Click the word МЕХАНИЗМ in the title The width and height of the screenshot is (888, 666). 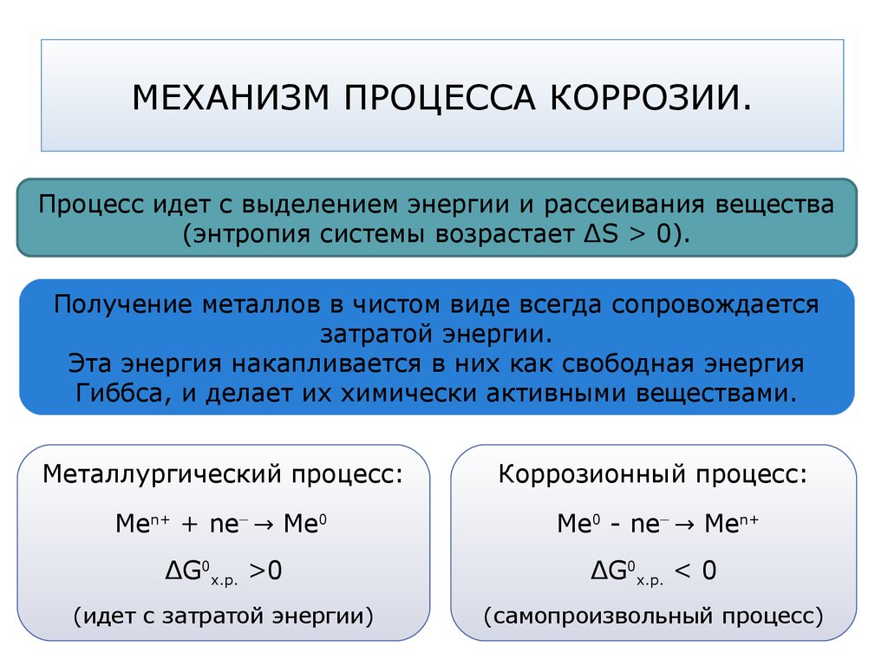(x=231, y=97)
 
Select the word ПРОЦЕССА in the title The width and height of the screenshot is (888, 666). (x=440, y=97)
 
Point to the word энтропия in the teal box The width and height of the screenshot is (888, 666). (x=252, y=234)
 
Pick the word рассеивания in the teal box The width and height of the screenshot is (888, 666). (x=624, y=205)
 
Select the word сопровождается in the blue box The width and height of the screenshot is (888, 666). (x=715, y=304)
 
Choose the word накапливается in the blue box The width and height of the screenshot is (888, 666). (x=326, y=363)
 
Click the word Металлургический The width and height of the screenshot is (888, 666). (x=161, y=474)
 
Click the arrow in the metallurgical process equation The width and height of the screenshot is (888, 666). (x=264, y=525)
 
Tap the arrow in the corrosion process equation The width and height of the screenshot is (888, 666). (x=684, y=525)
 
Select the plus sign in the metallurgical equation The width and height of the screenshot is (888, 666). (x=189, y=525)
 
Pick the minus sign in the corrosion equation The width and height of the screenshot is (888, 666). (x=615, y=525)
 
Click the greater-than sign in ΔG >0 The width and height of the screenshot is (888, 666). (x=257, y=571)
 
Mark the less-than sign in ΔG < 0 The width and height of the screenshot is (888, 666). (x=683, y=571)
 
